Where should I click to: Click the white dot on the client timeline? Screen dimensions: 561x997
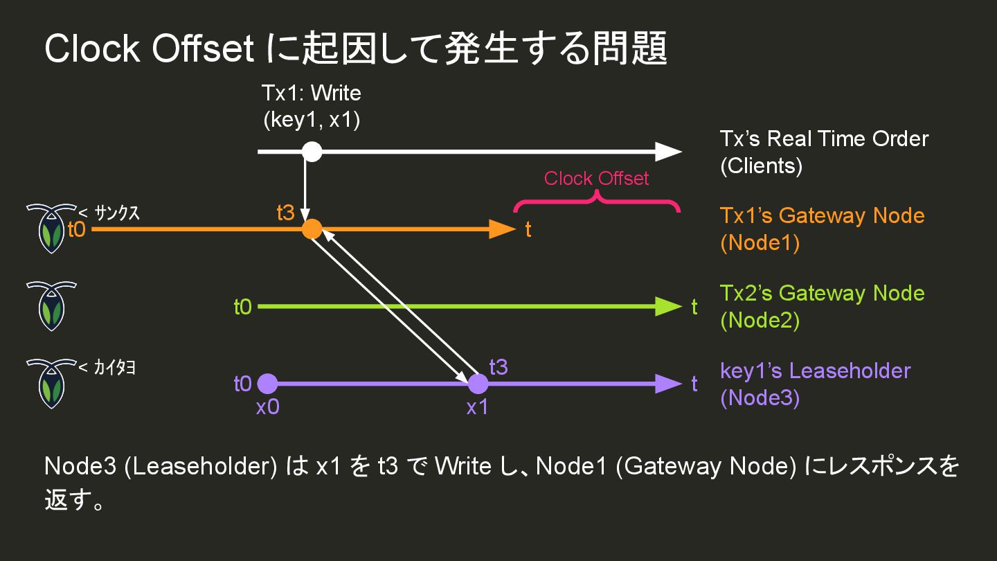tap(312, 151)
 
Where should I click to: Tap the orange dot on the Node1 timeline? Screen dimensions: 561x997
tap(312, 229)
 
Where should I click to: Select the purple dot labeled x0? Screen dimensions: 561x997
tap(267, 383)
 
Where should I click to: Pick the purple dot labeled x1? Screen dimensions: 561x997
tap(478, 383)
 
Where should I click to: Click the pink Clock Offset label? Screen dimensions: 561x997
tap(596, 179)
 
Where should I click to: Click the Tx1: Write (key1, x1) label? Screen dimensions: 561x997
tap(312, 107)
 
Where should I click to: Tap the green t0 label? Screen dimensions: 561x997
tap(242, 306)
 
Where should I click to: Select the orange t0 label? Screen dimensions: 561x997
tap(76, 229)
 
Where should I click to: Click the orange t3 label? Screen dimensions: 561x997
tap(285, 213)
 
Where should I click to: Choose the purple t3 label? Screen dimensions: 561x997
tap(498, 367)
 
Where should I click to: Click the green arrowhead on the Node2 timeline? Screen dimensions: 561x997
tap(667, 306)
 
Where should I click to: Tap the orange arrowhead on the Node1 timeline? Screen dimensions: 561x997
tap(502, 229)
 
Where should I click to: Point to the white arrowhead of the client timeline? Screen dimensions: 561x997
tap(667, 151)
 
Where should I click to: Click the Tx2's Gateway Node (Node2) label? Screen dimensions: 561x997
tap(822, 306)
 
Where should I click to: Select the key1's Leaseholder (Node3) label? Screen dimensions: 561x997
tap(815, 384)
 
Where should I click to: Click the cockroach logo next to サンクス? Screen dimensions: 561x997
tap(51, 228)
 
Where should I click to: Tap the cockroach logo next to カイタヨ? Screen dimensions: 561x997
tap(51, 382)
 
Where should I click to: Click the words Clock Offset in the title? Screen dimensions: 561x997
tap(149, 49)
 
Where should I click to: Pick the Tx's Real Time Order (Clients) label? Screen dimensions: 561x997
tap(824, 152)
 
